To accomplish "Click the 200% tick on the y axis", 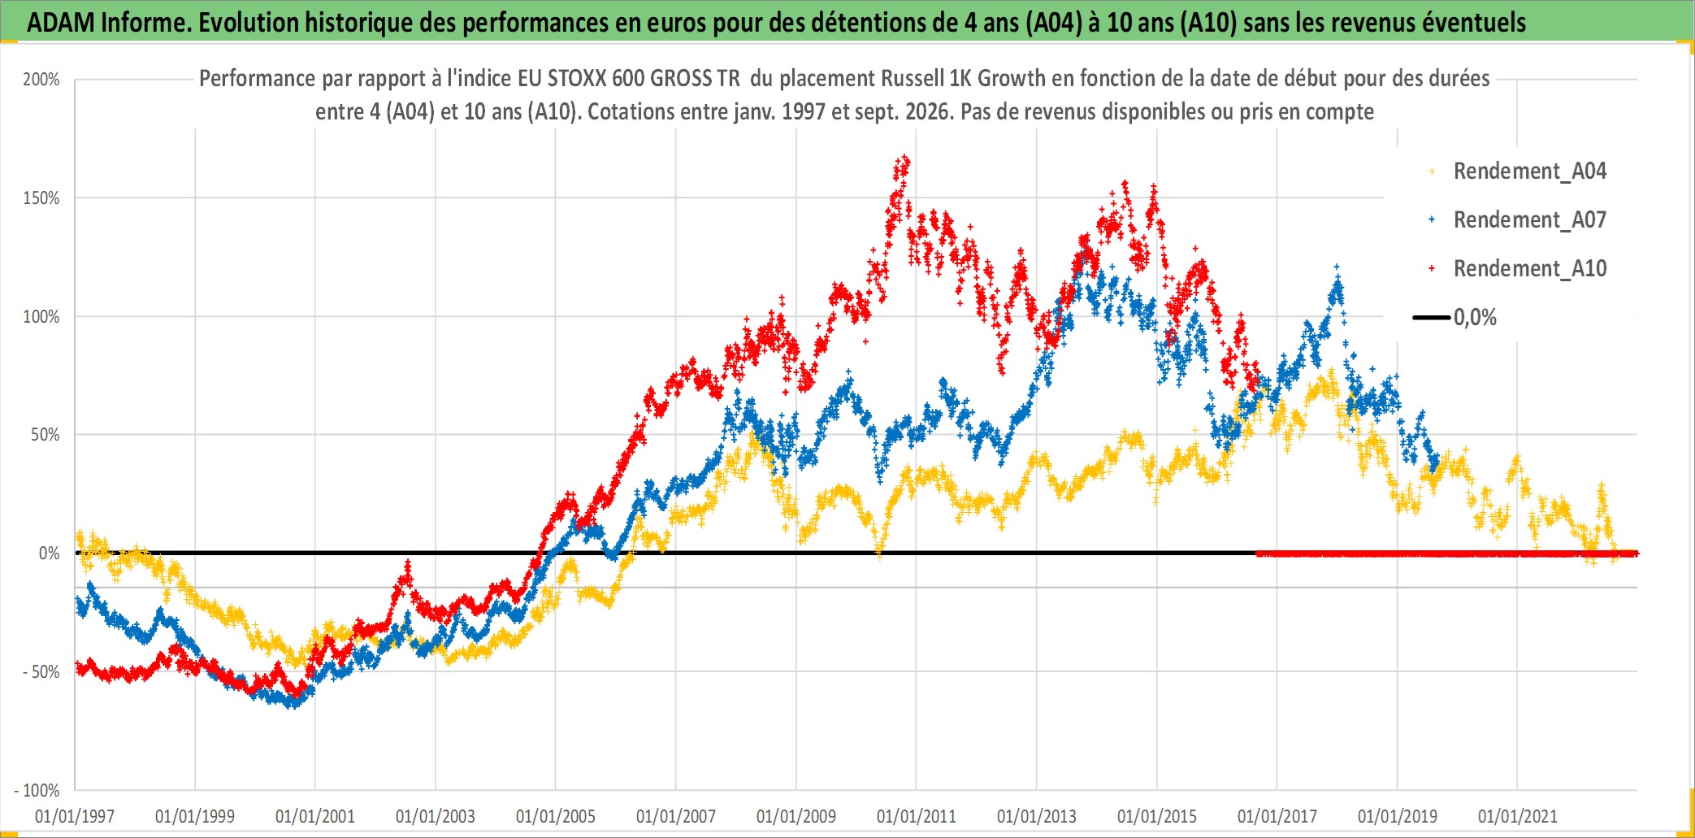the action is (41, 80).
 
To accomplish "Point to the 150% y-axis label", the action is (41, 198).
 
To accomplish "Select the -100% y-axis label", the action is (37, 791).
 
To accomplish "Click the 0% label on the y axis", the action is (50, 554).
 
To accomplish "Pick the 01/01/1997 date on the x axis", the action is (75, 816).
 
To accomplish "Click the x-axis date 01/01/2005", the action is (556, 816).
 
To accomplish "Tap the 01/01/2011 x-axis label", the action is (917, 816).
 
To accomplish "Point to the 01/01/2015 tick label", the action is (1157, 816).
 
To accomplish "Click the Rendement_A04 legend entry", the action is (1530, 171).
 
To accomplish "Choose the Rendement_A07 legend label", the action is (1530, 219).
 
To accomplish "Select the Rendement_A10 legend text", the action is (1530, 268).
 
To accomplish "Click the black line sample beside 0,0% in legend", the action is (1432, 317).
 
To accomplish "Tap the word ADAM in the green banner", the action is (61, 23).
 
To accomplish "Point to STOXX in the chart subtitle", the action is (576, 78).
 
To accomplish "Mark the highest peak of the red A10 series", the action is (904, 157).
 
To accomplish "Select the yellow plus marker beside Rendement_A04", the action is (1432, 172).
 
